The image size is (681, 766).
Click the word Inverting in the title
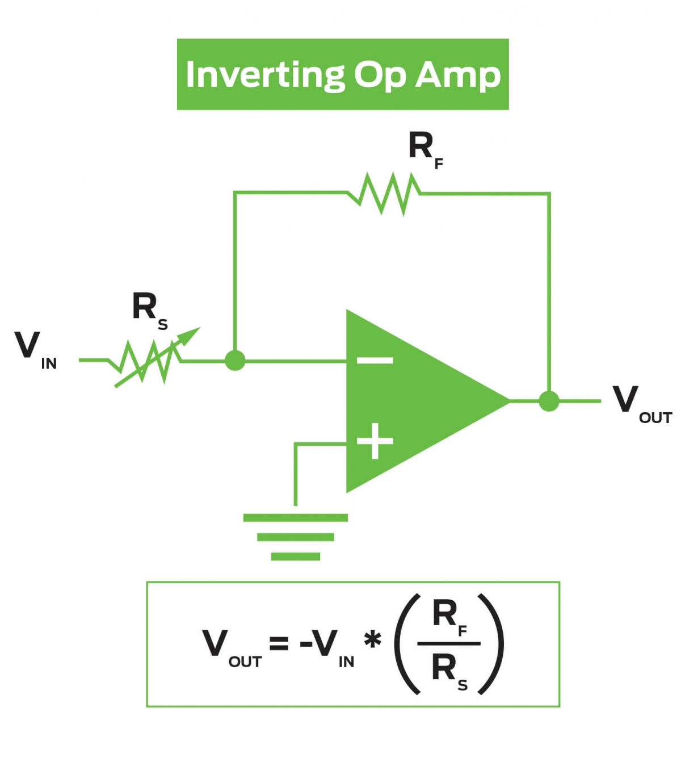click(x=265, y=75)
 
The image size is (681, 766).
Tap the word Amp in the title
click(x=458, y=75)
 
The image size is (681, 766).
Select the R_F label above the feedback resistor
click(x=424, y=149)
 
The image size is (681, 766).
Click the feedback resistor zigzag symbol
click(x=384, y=194)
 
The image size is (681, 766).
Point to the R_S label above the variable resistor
click(x=149, y=309)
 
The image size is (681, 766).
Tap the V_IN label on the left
click(x=34, y=348)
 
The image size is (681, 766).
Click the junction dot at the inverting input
click(x=235, y=360)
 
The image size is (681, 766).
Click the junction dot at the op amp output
click(x=549, y=401)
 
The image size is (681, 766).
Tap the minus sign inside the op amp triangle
click(x=375, y=360)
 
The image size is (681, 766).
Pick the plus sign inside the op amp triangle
click(x=375, y=441)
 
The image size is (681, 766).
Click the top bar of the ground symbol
click(x=295, y=517)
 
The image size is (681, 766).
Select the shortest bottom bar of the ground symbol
click(x=295, y=556)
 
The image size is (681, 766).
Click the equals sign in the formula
click(x=279, y=644)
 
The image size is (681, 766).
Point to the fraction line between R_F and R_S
click(x=448, y=644)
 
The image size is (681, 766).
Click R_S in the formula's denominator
click(x=448, y=670)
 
